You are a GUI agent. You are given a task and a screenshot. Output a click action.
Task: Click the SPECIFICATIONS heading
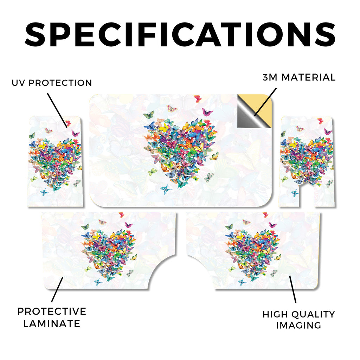click(x=180, y=34)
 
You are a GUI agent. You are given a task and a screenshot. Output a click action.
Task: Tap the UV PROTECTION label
click(x=52, y=83)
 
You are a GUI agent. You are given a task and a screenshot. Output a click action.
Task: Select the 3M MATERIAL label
click(x=299, y=77)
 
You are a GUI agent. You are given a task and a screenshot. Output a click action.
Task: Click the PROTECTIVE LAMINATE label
click(x=52, y=317)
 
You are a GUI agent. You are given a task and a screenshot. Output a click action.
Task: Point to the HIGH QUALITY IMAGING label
click(x=299, y=320)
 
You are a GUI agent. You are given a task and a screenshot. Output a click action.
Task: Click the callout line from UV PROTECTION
click(x=57, y=110)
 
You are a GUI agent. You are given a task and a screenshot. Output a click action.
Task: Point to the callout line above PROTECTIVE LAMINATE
click(x=57, y=289)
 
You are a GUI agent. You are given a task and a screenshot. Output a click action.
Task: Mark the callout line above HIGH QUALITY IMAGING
click(x=292, y=289)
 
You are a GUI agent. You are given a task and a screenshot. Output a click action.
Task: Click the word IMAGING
click(x=298, y=325)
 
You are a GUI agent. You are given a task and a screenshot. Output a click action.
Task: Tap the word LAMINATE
click(x=52, y=324)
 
